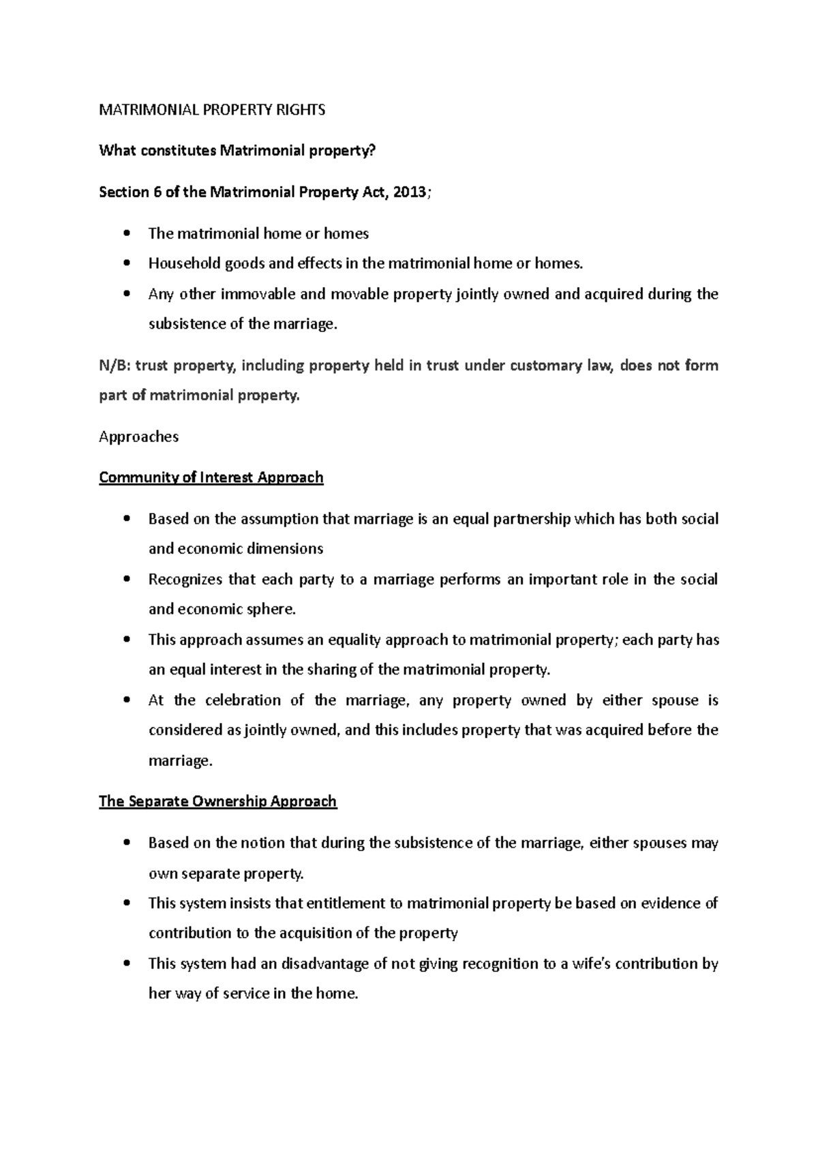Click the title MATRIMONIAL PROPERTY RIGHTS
(x=212, y=110)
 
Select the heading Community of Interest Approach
(x=211, y=477)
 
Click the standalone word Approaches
(x=138, y=436)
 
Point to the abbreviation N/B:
(x=114, y=366)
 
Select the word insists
(x=250, y=904)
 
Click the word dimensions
(x=285, y=549)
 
